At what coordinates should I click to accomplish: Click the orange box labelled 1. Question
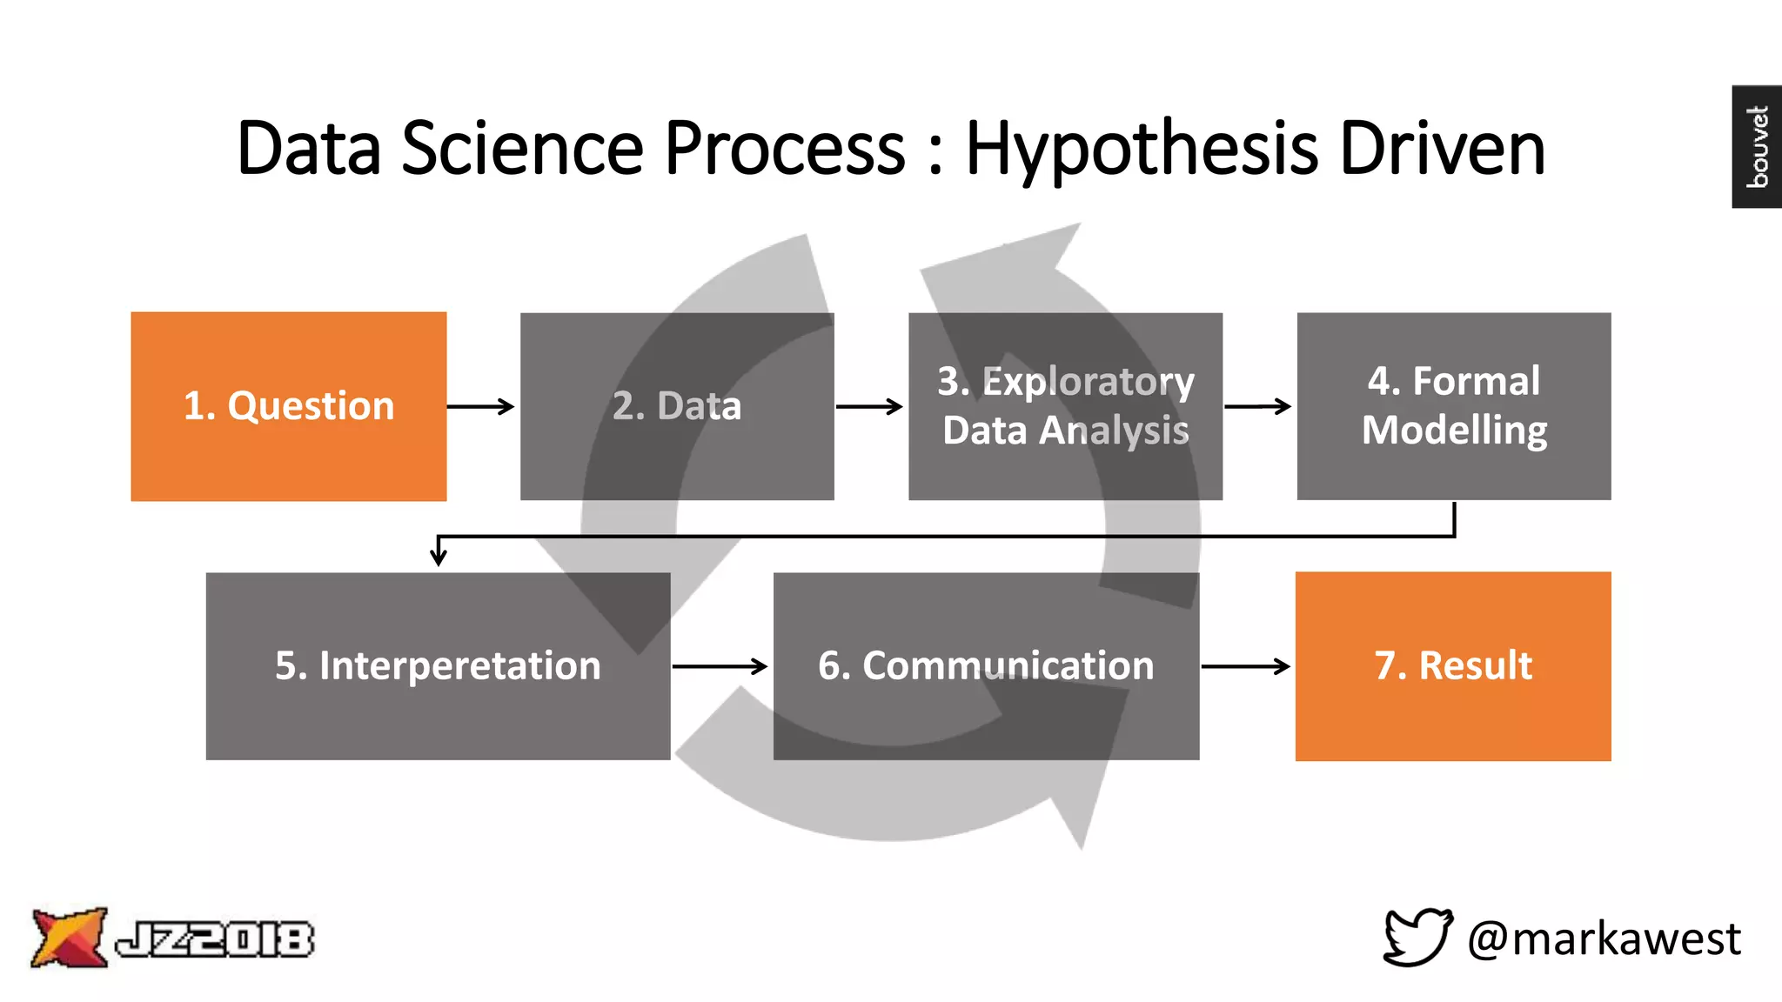pyautogui.click(x=288, y=406)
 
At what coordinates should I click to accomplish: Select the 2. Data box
pyautogui.click(x=677, y=406)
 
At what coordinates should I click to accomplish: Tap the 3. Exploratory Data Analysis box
pyautogui.click(x=1065, y=406)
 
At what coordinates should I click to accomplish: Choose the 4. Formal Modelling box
pyautogui.click(x=1453, y=406)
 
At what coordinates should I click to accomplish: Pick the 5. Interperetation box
pyautogui.click(x=438, y=666)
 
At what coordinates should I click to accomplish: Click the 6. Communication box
pyautogui.click(x=986, y=666)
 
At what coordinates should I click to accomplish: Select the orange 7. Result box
pyautogui.click(x=1453, y=666)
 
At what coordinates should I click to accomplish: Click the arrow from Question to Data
pyautogui.click(x=481, y=406)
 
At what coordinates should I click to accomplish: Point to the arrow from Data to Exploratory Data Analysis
pyautogui.click(x=869, y=406)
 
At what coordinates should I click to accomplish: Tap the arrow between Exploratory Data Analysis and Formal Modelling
pyautogui.click(x=1258, y=406)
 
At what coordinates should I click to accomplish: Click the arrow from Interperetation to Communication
pyautogui.click(x=720, y=666)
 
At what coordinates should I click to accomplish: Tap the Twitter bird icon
pyautogui.click(x=1417, y=937)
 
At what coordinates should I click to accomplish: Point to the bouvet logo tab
pyautogui.click(x=1757, y=146)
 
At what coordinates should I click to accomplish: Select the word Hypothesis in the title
pyautogui.click(x=1142, y=149)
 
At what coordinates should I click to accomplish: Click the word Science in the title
pyautogui.click(x=522, y=149)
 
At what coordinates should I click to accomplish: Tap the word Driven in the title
pyautogui.click(x=1442, y=149)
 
